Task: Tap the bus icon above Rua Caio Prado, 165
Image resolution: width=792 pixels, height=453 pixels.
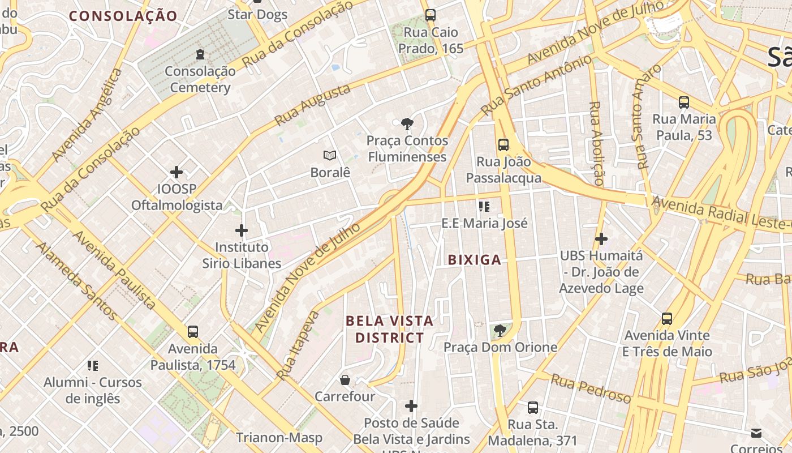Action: click(x=431, y=15)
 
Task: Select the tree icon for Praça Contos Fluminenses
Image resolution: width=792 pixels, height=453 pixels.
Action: click(x=406, y=124)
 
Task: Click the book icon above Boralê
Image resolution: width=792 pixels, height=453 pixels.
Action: click(x=330, y=155)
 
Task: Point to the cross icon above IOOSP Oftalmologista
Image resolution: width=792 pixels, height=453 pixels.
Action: click(x=177, y=172)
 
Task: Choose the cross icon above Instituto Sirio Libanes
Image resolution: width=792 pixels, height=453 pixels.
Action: click(x=242, y=230)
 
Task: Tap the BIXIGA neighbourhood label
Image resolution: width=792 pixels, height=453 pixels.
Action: click(x=474, y=260)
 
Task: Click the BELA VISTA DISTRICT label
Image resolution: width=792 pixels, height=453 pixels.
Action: click(x=389, y=330)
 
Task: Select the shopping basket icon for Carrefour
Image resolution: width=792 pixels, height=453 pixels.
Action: click(x=345, y=379)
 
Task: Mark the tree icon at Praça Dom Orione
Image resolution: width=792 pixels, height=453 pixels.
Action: click(x=500, y=330)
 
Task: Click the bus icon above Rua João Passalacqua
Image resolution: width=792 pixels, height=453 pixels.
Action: click(x=503, y=145)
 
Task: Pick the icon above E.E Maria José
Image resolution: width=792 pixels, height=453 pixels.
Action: click(x=484, y=206)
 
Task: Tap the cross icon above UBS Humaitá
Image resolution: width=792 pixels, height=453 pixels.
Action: click(x=601, y=239)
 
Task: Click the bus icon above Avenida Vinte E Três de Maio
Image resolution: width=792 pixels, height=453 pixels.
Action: click(x=667, y=319)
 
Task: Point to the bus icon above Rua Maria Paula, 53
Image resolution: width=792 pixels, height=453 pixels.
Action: click(x=684, y=102)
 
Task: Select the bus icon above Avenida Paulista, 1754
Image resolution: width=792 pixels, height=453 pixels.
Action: click(x=193, y=332)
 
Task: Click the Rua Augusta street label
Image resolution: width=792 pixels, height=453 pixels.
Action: click(x=313, y=105)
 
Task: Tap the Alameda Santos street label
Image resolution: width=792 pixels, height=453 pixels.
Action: click(x=76, y=280)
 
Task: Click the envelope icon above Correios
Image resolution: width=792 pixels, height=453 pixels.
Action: click(x=756, y=433)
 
